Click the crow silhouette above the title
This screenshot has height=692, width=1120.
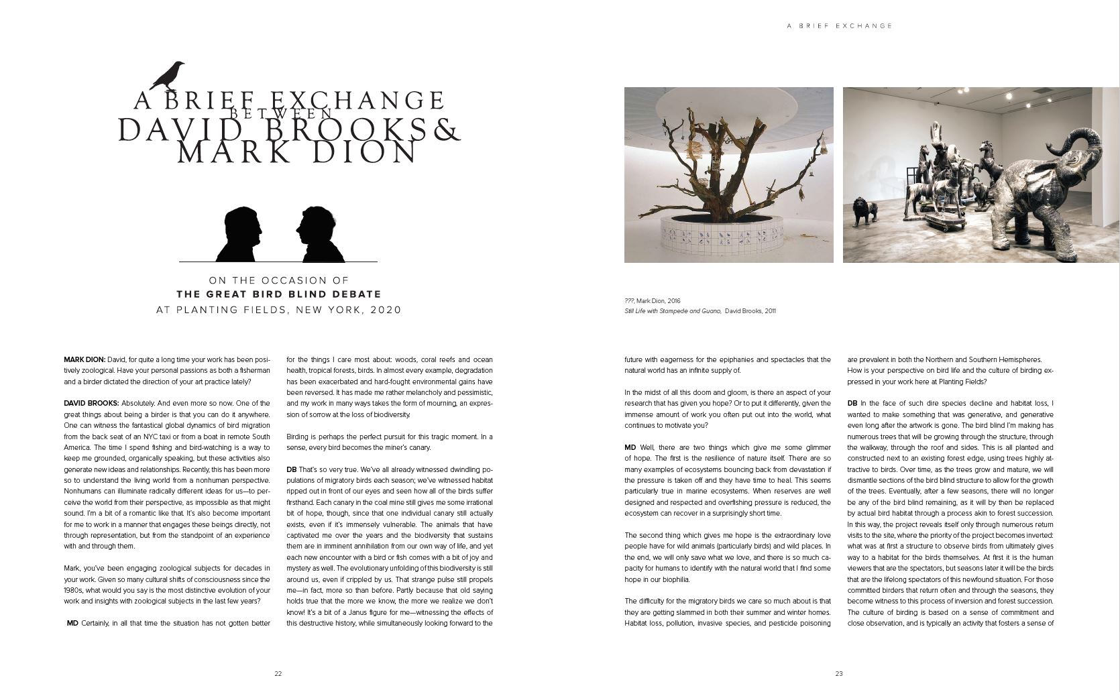(168, 75)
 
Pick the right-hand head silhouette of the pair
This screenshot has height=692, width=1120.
(320, 234)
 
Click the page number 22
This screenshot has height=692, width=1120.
(278, 673)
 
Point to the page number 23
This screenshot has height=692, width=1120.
(838, 673)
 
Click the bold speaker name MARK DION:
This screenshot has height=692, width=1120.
(85, 359)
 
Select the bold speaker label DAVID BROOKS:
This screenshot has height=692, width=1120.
(91, 403)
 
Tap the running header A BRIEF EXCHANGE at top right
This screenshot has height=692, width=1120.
(840, 26)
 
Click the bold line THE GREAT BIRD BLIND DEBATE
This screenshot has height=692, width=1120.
(278, 294)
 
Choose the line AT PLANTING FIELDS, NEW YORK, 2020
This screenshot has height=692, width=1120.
(278, 310)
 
